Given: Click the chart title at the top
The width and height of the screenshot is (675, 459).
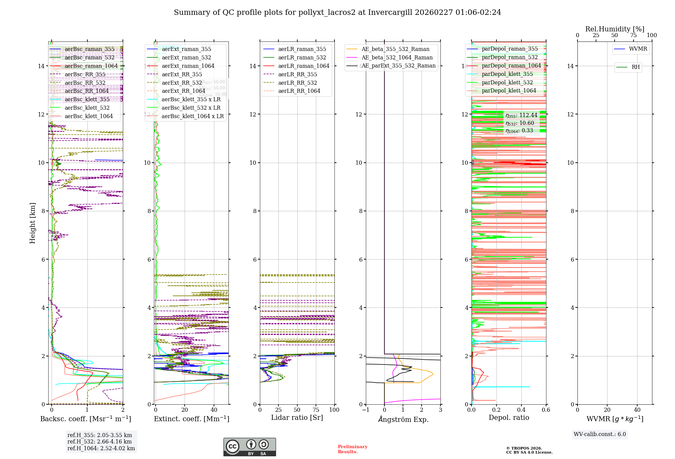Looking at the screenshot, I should [337, 12].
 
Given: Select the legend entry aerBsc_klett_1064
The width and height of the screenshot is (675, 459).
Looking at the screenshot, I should [88, 116].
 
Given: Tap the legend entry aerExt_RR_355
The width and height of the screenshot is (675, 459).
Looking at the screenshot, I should [182, 74].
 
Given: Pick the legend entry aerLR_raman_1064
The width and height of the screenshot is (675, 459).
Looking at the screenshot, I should [303, 66].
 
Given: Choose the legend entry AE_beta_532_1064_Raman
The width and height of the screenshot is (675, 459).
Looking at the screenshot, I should [397, 57].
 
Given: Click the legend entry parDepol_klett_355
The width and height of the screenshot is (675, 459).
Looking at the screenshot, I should [507, 74].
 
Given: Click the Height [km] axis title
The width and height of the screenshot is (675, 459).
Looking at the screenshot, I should [32, 223].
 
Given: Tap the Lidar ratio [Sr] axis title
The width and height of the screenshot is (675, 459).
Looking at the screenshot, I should [297, 417].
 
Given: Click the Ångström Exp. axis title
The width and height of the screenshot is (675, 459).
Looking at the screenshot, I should [403, 419].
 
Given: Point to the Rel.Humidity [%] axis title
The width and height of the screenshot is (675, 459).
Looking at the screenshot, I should [615, 29].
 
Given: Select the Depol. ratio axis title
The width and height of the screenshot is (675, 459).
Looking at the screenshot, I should [509, 417].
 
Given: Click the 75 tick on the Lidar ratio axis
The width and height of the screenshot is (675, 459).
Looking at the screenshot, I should [316, 410].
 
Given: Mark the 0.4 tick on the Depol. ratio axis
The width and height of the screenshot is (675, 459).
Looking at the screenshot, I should [521, 410].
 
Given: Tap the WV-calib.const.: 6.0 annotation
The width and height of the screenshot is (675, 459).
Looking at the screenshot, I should [600, 434].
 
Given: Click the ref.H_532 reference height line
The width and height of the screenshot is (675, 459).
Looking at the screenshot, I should [100, 441].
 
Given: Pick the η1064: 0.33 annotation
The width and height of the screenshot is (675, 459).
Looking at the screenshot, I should [519, 131].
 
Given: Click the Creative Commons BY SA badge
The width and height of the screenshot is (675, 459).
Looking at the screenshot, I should [249, 447].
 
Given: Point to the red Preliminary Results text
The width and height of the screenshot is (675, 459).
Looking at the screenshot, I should [352, 449].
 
